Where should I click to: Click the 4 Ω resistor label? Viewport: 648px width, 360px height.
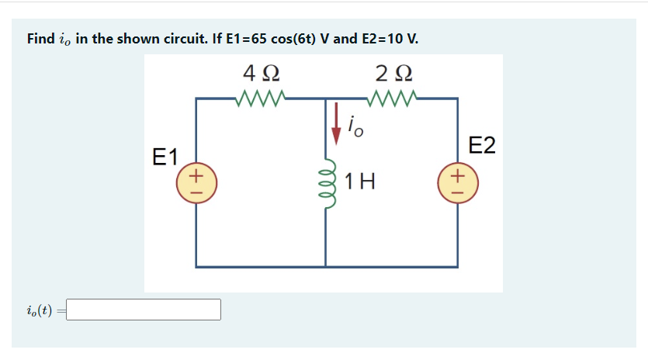click(x=262, y=74)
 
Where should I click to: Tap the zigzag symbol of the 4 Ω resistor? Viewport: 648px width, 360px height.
click(x=262, y=99)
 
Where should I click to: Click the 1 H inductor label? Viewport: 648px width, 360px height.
click(x=361, y=182)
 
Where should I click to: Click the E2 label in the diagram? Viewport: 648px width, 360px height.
click(x=482, y=146)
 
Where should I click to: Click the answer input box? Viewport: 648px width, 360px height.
click(x=144, y=310)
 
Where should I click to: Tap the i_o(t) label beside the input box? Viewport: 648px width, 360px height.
click(x=39, y=310)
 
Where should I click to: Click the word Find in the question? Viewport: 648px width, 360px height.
click(x=40, y=39)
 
